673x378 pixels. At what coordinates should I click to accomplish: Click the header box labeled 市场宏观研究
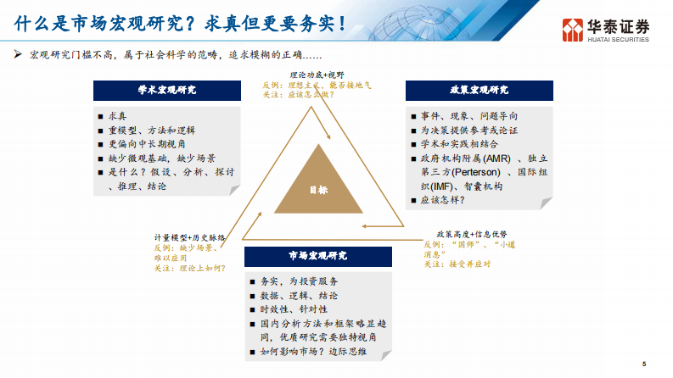[317, 255]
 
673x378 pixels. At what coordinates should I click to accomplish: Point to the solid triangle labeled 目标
[317, 183]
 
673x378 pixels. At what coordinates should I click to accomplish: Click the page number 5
[644, 364]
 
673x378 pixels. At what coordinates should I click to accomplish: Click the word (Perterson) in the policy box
[475, 172]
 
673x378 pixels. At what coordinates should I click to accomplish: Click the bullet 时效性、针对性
[294, 309]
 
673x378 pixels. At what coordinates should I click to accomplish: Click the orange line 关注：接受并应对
[458, 264]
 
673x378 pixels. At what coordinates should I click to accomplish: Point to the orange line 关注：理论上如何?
[190, 268]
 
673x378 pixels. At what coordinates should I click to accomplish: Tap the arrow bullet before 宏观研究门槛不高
[17, 55]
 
